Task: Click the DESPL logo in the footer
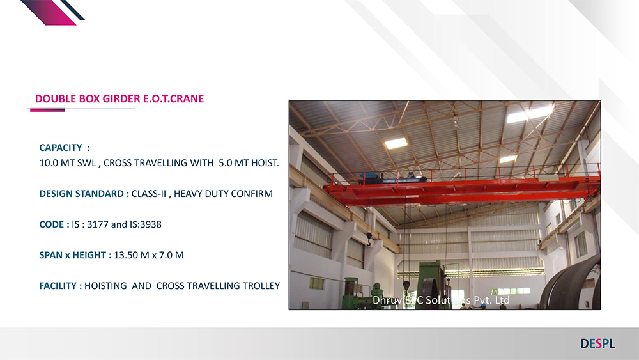click(598, 343)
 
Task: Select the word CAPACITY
click(61, 148)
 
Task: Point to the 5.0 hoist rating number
click(225, 163)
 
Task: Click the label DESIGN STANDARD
click(82, 194)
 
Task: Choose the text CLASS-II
click(149, 194)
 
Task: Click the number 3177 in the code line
click(98, 224)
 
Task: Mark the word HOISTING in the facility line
click(105, 286)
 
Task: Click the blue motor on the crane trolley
click(371, 177)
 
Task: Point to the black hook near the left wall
click(369, 239)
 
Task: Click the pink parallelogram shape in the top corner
click(48, 12)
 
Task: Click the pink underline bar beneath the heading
click(48, 110)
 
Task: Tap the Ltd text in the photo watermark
click(501, 301)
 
